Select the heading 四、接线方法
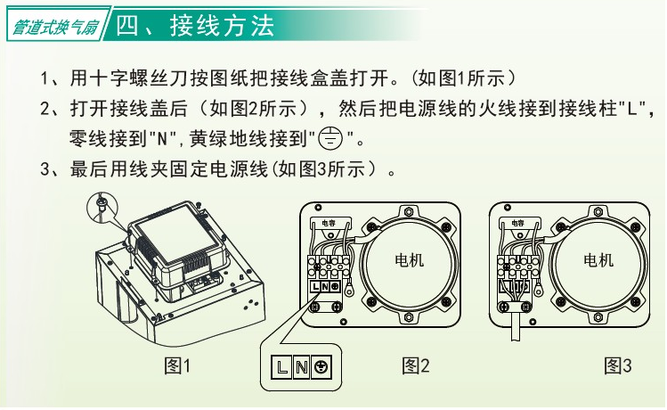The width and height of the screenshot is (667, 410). click(x=195, y=26)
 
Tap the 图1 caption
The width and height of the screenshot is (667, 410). click(x=177, y=365)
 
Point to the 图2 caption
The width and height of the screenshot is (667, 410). click(x=415, y=365)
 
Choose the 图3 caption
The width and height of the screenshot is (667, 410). click(x=618, y=365)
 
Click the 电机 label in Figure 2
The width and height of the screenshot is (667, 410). click(x=410, y=259)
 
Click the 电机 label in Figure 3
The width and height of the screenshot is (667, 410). click(x=598, y=259)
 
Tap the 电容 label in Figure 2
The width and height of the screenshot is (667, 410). click(x=329, y=223)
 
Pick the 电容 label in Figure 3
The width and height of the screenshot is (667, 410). click(x=517, y=223)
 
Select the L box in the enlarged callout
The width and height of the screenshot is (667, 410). click(x=281, y=366)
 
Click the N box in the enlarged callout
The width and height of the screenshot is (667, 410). click(x=301, y=366)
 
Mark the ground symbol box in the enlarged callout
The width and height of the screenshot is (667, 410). click(x=321, y=366)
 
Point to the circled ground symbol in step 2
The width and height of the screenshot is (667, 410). click(x=330, y=138)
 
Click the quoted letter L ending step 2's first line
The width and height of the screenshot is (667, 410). click(x=632, y=110)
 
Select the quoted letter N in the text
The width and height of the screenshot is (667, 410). click(x=162, y=139)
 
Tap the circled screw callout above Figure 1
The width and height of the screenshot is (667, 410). click(x=102, y=208)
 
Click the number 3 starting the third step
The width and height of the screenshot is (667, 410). click(x=45, y=169)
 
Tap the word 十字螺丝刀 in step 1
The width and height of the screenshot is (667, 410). click(x=129, y=78)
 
